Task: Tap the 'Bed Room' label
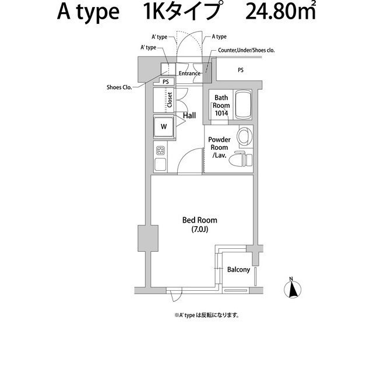(199, 220)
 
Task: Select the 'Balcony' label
(238, 270)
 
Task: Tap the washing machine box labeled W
(163, 126)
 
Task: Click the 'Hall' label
(189, 116)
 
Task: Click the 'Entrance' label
(189, 73)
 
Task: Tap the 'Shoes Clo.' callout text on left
(119, 87)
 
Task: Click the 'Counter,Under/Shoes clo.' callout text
(246, 51)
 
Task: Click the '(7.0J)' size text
(199, 230)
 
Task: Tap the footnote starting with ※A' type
(206, 315)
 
